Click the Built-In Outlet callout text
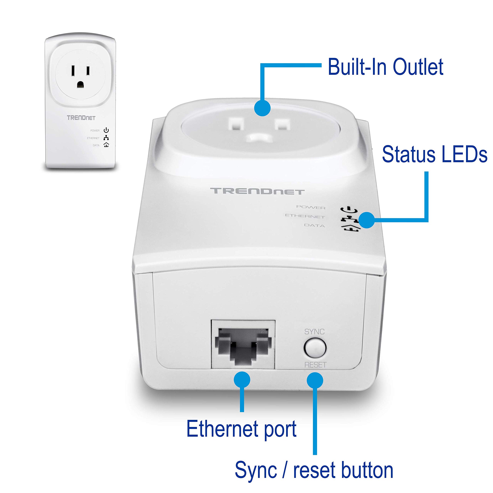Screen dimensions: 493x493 click(385, 67)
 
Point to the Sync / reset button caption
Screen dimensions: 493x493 click(314, 470)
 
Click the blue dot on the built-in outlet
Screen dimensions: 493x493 click(262, 108)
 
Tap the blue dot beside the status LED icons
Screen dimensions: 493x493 click(367, 220)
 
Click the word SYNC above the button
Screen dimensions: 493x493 click(314, 332)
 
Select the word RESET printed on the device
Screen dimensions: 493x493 click(315, 365)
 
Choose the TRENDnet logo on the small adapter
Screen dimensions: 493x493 click(81, 118)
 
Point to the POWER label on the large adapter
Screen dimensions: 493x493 click(311, 207)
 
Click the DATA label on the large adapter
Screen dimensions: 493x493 click(314, 226)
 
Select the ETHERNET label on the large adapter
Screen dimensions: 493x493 click(305, 216)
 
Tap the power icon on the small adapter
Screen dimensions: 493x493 click(106, 130)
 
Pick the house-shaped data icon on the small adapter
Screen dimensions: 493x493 click(106, 145)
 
